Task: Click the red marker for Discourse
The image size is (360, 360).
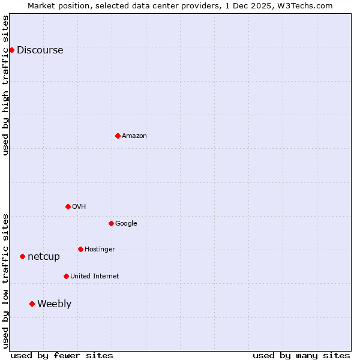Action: click(x=11, y=50)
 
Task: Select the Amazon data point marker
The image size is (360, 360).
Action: click(x=118, y=136)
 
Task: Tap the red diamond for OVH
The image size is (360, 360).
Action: click(x=68, y=206)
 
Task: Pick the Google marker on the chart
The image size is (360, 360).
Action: click(x=111, y=223)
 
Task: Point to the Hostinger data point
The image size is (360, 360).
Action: click(x=80, y=249)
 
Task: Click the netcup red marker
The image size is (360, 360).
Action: click(x=22, y=256)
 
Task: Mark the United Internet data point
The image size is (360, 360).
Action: click(x=66, y=276)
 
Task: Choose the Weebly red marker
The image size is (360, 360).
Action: click(x=32, y=304)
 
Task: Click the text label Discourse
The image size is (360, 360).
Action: click(x=40, y=50)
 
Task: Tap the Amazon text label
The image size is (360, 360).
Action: click(x=134, y=136)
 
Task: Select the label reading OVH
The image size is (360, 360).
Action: click(x=79, y=207)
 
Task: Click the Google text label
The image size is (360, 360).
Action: click(x=126, y=224)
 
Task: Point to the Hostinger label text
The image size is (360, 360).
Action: click(x=100, y=250)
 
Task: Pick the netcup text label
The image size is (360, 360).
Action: click(x=44, y=257)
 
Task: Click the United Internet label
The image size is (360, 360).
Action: click(x=94, y=277)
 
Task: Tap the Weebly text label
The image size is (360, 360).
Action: click(x=54, y=304)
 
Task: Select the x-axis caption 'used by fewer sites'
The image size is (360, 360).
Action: click(x=62, y=355)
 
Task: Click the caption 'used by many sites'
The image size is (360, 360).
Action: click(x=301, y=355)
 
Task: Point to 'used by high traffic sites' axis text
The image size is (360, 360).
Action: click(x=5, y=85)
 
